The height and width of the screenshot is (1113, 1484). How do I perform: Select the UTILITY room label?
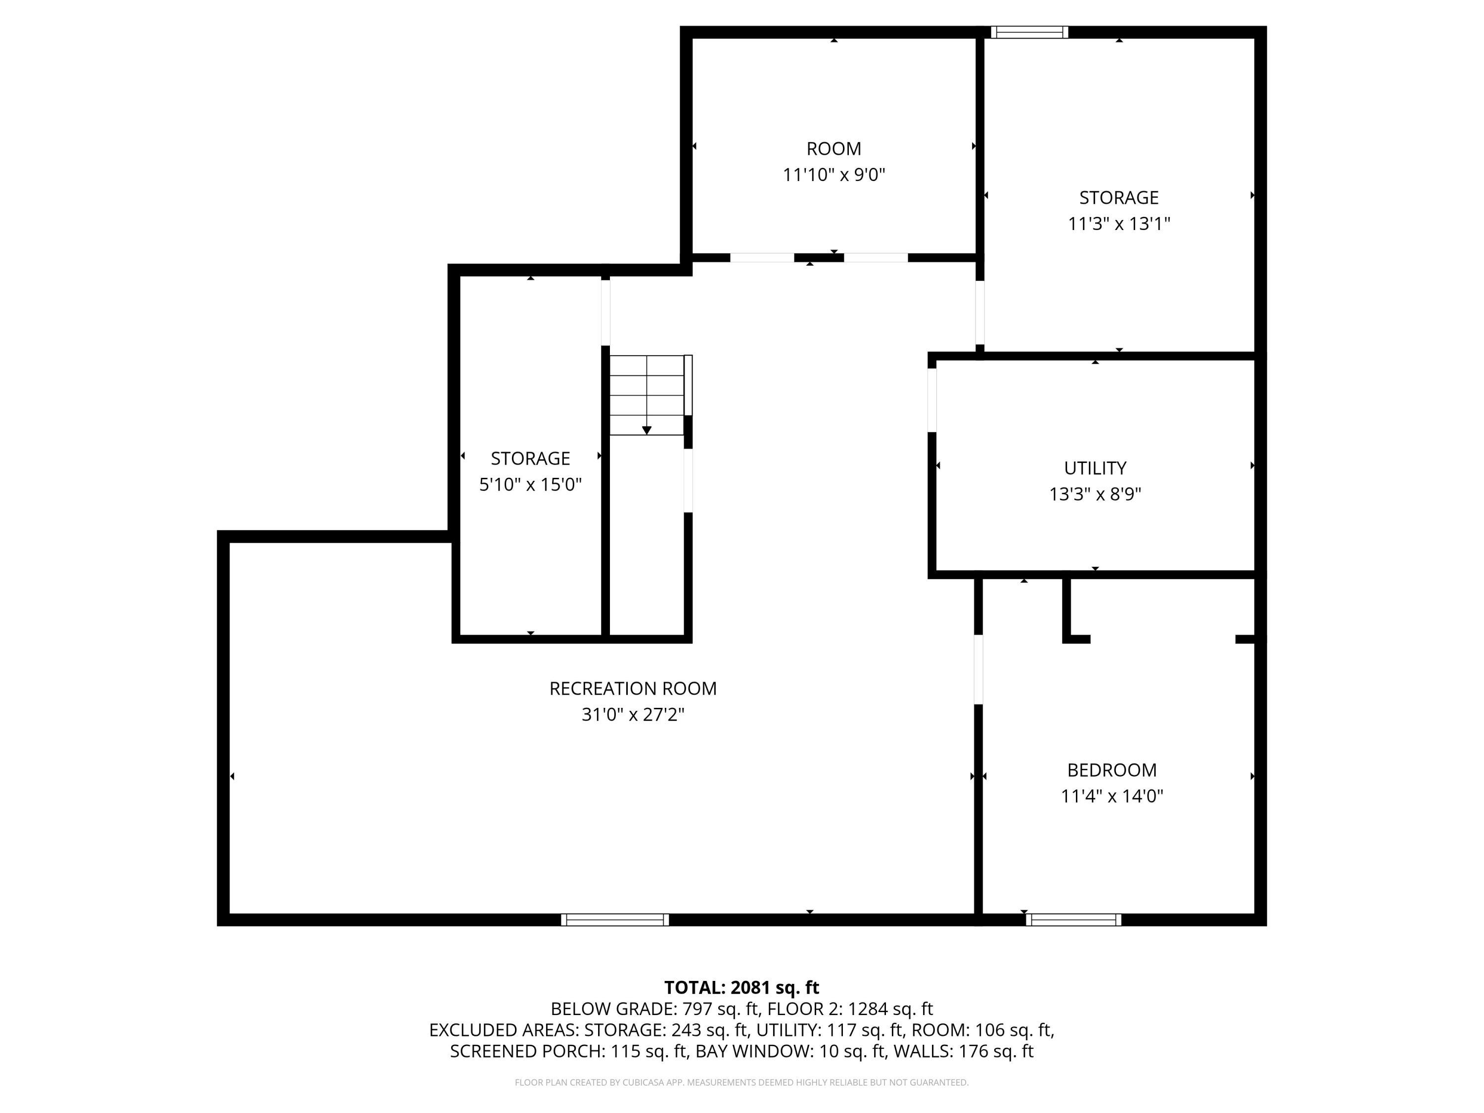coord(1095,468)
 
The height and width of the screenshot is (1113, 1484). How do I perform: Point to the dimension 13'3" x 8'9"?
coord(1095,495)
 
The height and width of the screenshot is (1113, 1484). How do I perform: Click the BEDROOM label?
coord(1112,770)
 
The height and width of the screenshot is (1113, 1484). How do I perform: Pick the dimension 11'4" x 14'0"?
coord(1112,796)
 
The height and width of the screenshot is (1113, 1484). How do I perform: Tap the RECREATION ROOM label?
coord(633,689)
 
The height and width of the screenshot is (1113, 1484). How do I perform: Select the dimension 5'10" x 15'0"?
coord(530,484)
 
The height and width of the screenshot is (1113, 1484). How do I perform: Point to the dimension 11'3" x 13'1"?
coord(1118,224)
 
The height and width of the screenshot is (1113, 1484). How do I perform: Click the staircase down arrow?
coord(647,429)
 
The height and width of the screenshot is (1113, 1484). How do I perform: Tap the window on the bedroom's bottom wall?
coord(1073,920)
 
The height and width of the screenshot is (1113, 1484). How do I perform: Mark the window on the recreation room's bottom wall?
coord(614,920)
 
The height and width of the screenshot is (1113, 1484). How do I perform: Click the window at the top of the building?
coord(1029,32)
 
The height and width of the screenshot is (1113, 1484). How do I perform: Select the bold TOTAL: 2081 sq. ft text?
coord(742,987)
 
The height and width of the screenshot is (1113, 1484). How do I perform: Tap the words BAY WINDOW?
coord(754,1051)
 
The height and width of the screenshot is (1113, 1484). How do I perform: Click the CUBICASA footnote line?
coord(742,1082)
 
